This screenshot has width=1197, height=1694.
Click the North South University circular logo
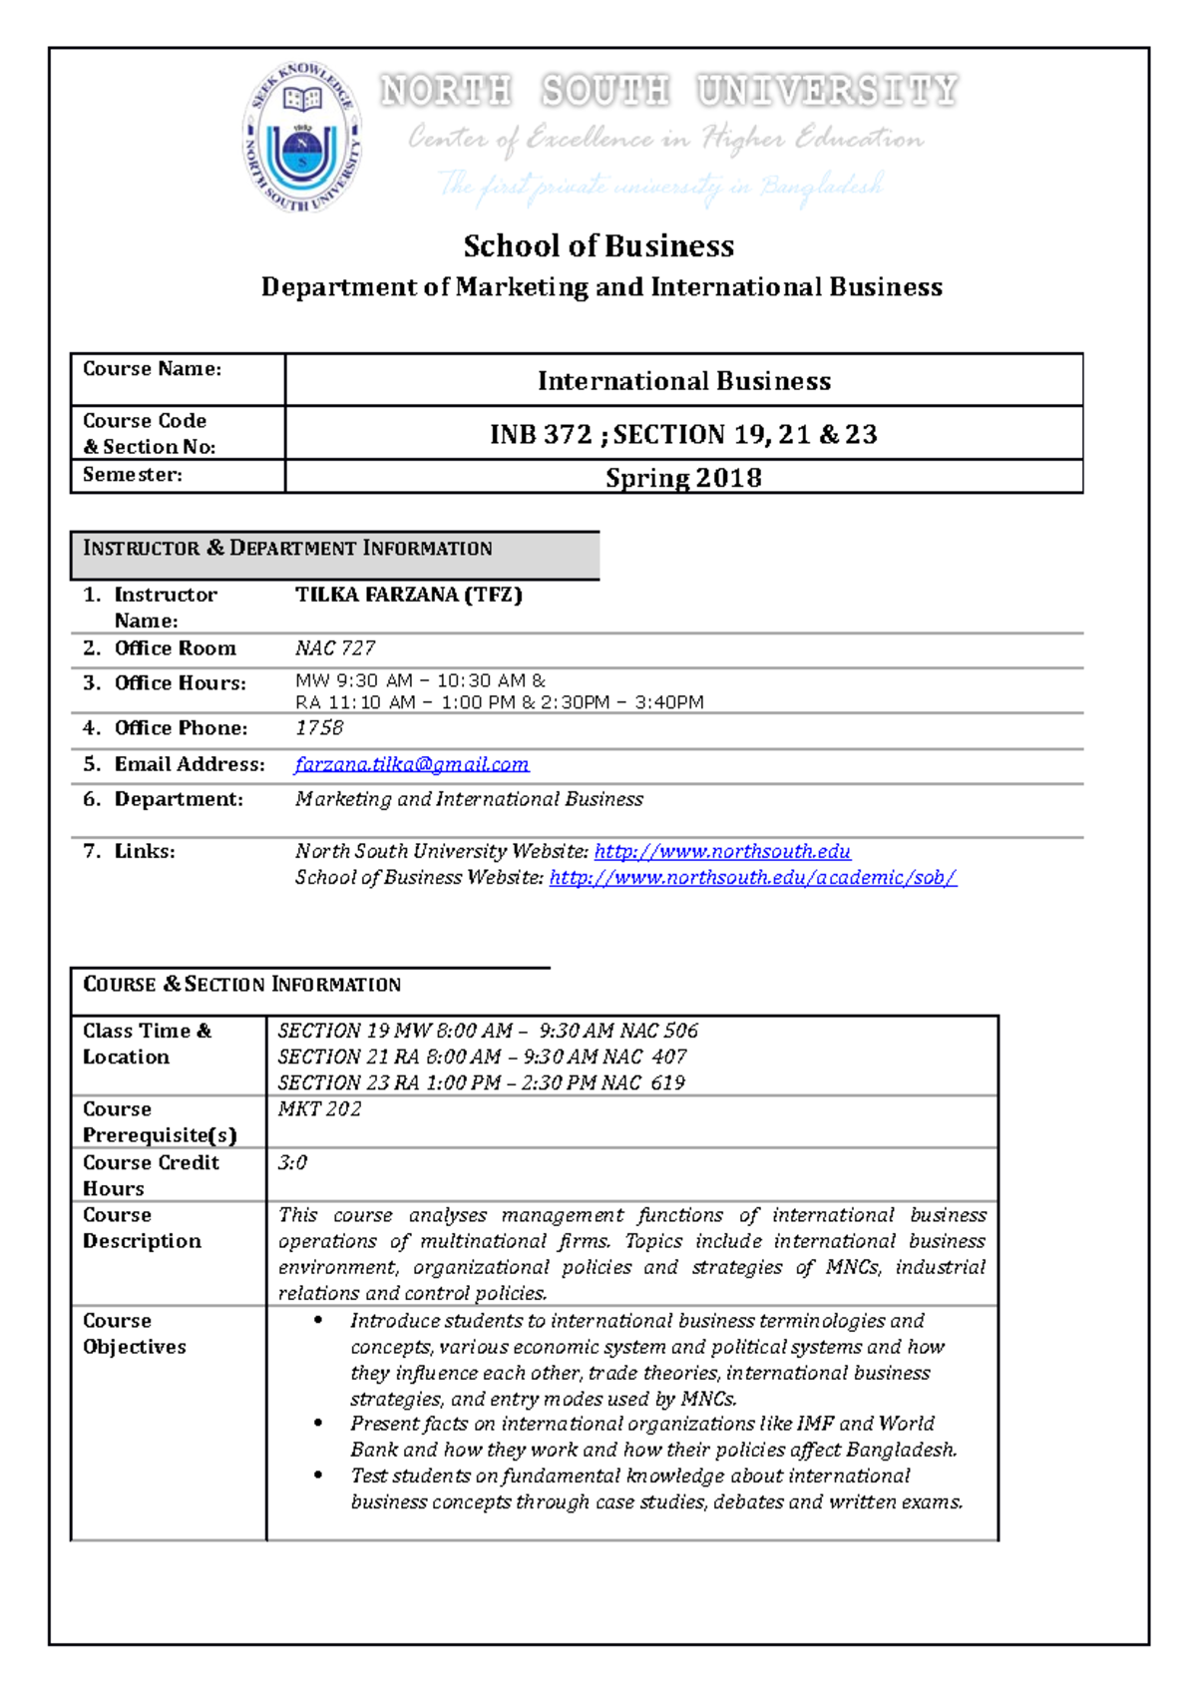302,137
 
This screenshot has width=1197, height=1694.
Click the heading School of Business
598,245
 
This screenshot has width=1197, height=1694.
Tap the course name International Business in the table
683,381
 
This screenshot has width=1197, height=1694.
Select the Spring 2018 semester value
683,478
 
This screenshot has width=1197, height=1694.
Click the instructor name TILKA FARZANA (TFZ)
408,595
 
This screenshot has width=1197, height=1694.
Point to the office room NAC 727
335,648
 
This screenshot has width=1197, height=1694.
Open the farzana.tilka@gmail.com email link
411,764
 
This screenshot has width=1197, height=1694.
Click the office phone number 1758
319,728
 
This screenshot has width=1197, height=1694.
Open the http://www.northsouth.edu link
722,851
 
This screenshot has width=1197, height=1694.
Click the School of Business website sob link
753,878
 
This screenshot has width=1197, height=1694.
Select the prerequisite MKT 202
319,1109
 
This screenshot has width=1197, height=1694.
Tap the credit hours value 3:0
292,1162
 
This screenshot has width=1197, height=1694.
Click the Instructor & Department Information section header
287,549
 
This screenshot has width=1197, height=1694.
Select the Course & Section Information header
241,985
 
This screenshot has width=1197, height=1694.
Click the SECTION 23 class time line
481,1083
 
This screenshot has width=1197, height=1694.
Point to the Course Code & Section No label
150,434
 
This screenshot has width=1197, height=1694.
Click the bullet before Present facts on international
318,1424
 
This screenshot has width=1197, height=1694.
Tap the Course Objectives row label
135,1334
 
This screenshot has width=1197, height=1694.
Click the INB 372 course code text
541,435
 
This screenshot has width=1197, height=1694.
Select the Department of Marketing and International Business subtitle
601,287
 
